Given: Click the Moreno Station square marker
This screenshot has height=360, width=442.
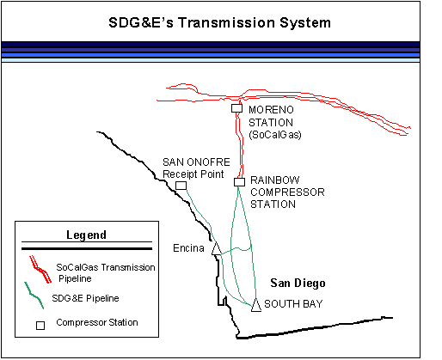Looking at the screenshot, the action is pyautogui.click(x=236, y=108).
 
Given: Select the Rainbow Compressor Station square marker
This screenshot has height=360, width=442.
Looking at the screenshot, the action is pyautogui.click(x=239, y=182).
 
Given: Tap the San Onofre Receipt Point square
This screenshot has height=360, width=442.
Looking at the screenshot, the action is pyautogui.click(x=181, y=186).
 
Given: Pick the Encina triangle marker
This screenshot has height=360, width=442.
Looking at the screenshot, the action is pyautogui.click(x=217, y=248).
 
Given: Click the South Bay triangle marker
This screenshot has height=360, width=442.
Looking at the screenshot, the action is pyautogui.click(x=256, y=305).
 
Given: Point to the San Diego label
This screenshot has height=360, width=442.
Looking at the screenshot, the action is pyautogui.click(x=298, y=284).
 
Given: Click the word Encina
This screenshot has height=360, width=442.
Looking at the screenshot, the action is pyautogui.click(x=188, y=248).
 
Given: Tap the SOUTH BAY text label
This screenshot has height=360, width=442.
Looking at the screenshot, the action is pyautogui.click(x=293, y=303).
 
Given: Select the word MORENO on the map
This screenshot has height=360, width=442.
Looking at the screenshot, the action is pyautogui.click(x=271, y=110).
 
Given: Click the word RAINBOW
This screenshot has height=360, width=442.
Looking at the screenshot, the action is pyautogui.click(x=275, y=180).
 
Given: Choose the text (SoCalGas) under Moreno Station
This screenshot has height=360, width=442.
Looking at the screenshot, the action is pyautogui.click(x=275, y=135).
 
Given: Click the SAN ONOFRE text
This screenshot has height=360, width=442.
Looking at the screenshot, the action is pyautogui.click(x=196, y=162).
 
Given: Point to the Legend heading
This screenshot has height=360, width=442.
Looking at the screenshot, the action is pyautogui.click(x=86, y=235).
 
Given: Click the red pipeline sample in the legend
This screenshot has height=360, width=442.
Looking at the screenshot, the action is pyautogui.click(x=40, y=270).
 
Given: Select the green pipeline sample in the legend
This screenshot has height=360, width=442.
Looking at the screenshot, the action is pyautogui.click(x=34, y=296).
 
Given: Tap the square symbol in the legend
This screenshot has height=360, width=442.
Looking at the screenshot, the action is pyautogui.click(x=40, y=326).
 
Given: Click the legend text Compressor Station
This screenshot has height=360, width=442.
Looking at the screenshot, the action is pyautogui.click(x=97, y=322).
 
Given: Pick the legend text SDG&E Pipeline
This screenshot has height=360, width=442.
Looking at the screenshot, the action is pyautogui.click(x=85, y=298).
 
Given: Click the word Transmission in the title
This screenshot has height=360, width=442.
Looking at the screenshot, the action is pyautogui.click(x=226, y=22).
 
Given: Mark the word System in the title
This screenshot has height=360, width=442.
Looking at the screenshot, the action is pyautogui.click(x=305, y=23).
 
